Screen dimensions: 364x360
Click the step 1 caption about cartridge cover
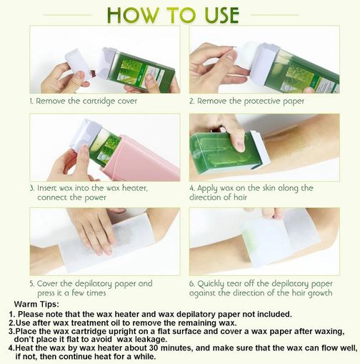click(83, 101)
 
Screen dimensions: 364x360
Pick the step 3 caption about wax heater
click(89, 192)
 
